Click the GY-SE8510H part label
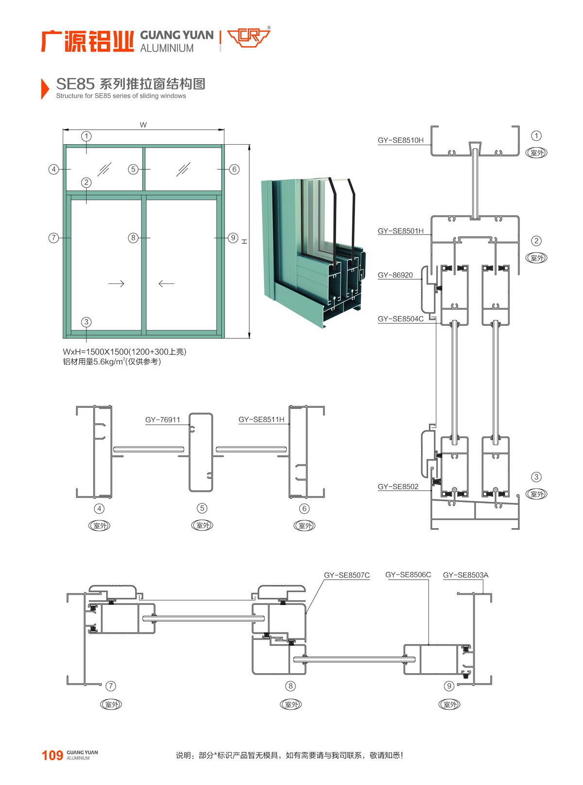point(400,140)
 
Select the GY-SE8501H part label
point(400,231)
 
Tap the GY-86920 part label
point(395,275)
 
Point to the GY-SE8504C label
point(400,319)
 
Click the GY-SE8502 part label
point(398,486)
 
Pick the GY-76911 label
point(162,419)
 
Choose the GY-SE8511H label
point(261,419)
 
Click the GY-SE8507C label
point(346,575)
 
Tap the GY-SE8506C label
point(408,575)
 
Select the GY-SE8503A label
point(465,575)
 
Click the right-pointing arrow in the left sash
point(116,284)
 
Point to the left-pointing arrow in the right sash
point(166,284)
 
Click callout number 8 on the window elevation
point(133,238)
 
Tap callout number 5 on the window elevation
point(133,169)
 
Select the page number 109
point(52,755)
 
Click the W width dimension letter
point(143,125)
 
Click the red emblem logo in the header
point(248,38)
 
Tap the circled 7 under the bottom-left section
point(111,686)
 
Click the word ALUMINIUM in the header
point(167,49)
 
